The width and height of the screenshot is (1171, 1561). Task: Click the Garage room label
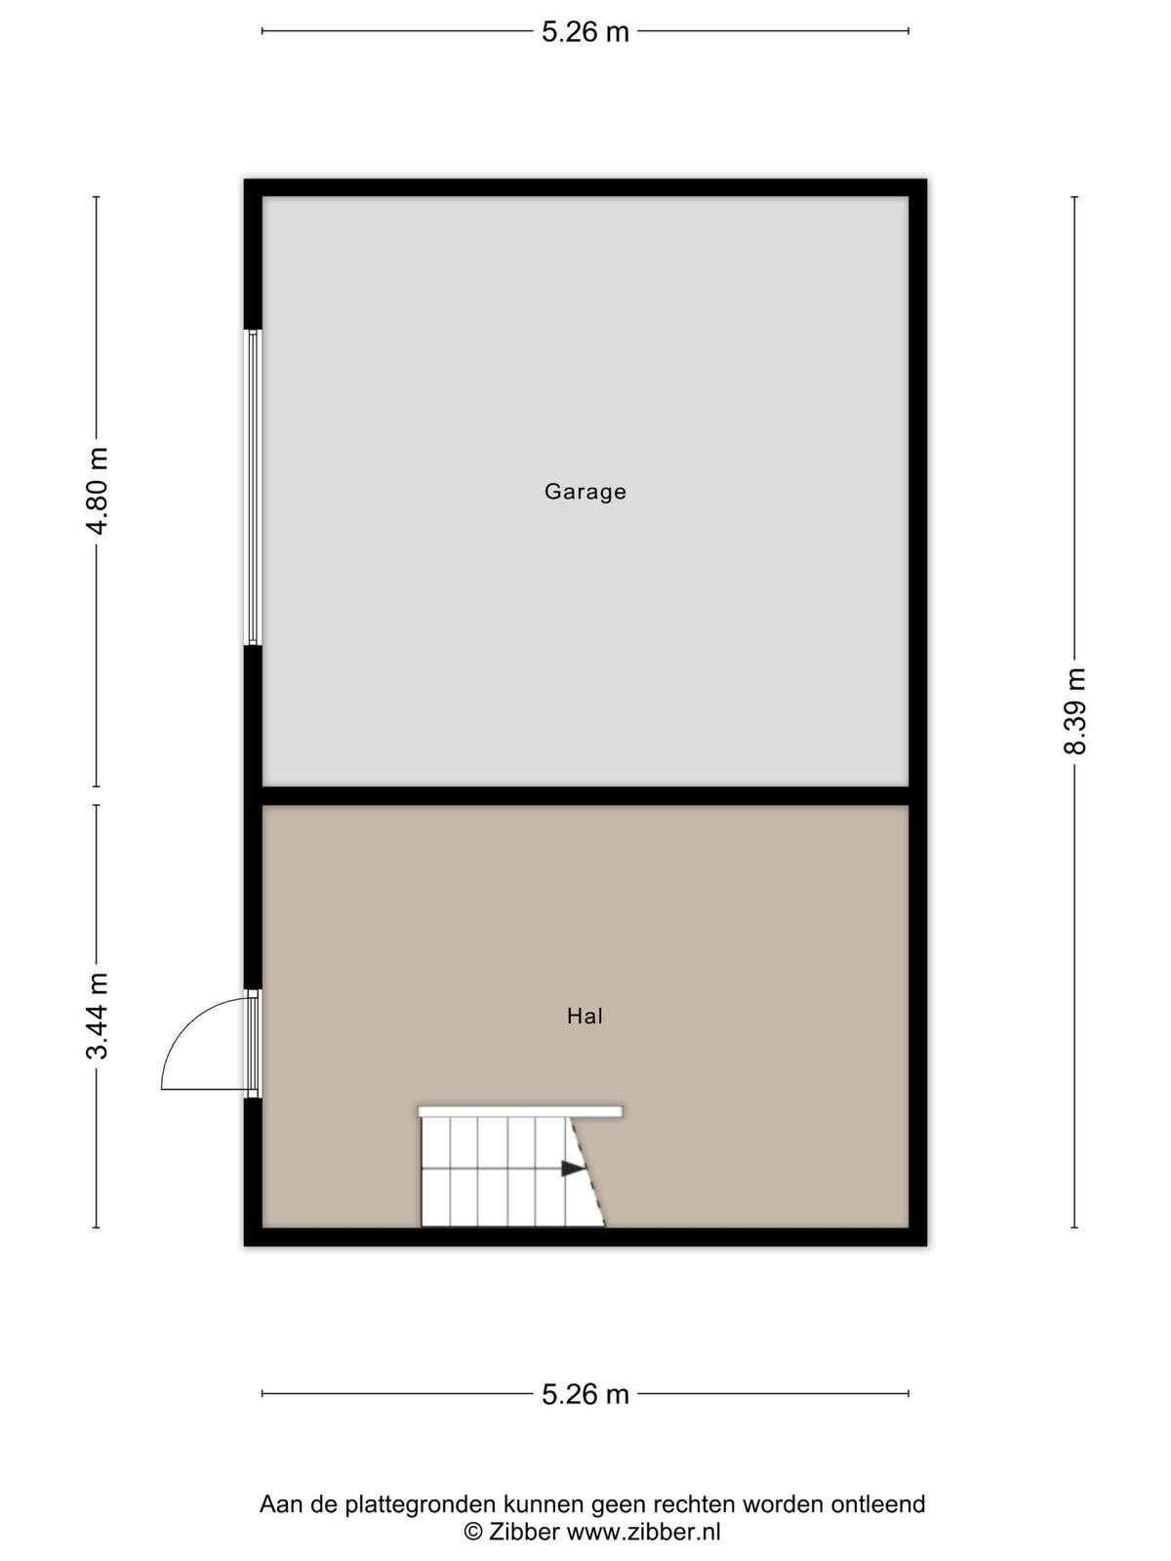click(x=585, y=492)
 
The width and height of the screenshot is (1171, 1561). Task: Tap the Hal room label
click(x=585, y=1017)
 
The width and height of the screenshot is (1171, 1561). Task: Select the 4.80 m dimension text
click(x=97, y=492)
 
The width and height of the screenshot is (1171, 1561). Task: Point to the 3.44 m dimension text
click(x=97, y=1016)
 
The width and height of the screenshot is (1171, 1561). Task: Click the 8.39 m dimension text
click(x=1074, y=711)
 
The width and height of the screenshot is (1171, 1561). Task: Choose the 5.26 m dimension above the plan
click(x=585, y=32)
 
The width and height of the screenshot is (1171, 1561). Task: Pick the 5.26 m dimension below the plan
click(x=585, y=1394)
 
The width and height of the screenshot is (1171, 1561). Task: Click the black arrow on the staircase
click(x=573, y=1168)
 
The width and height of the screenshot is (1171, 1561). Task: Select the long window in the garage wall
click(x=253, y=487)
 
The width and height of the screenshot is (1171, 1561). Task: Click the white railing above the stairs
click(x=520, y=1111)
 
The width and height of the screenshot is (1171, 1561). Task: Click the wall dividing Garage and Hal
click(x=585, y=796)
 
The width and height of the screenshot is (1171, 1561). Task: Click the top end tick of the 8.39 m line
click(x=1074, y=197)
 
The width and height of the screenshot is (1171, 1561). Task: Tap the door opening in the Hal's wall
click(x=253, y=1043)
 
